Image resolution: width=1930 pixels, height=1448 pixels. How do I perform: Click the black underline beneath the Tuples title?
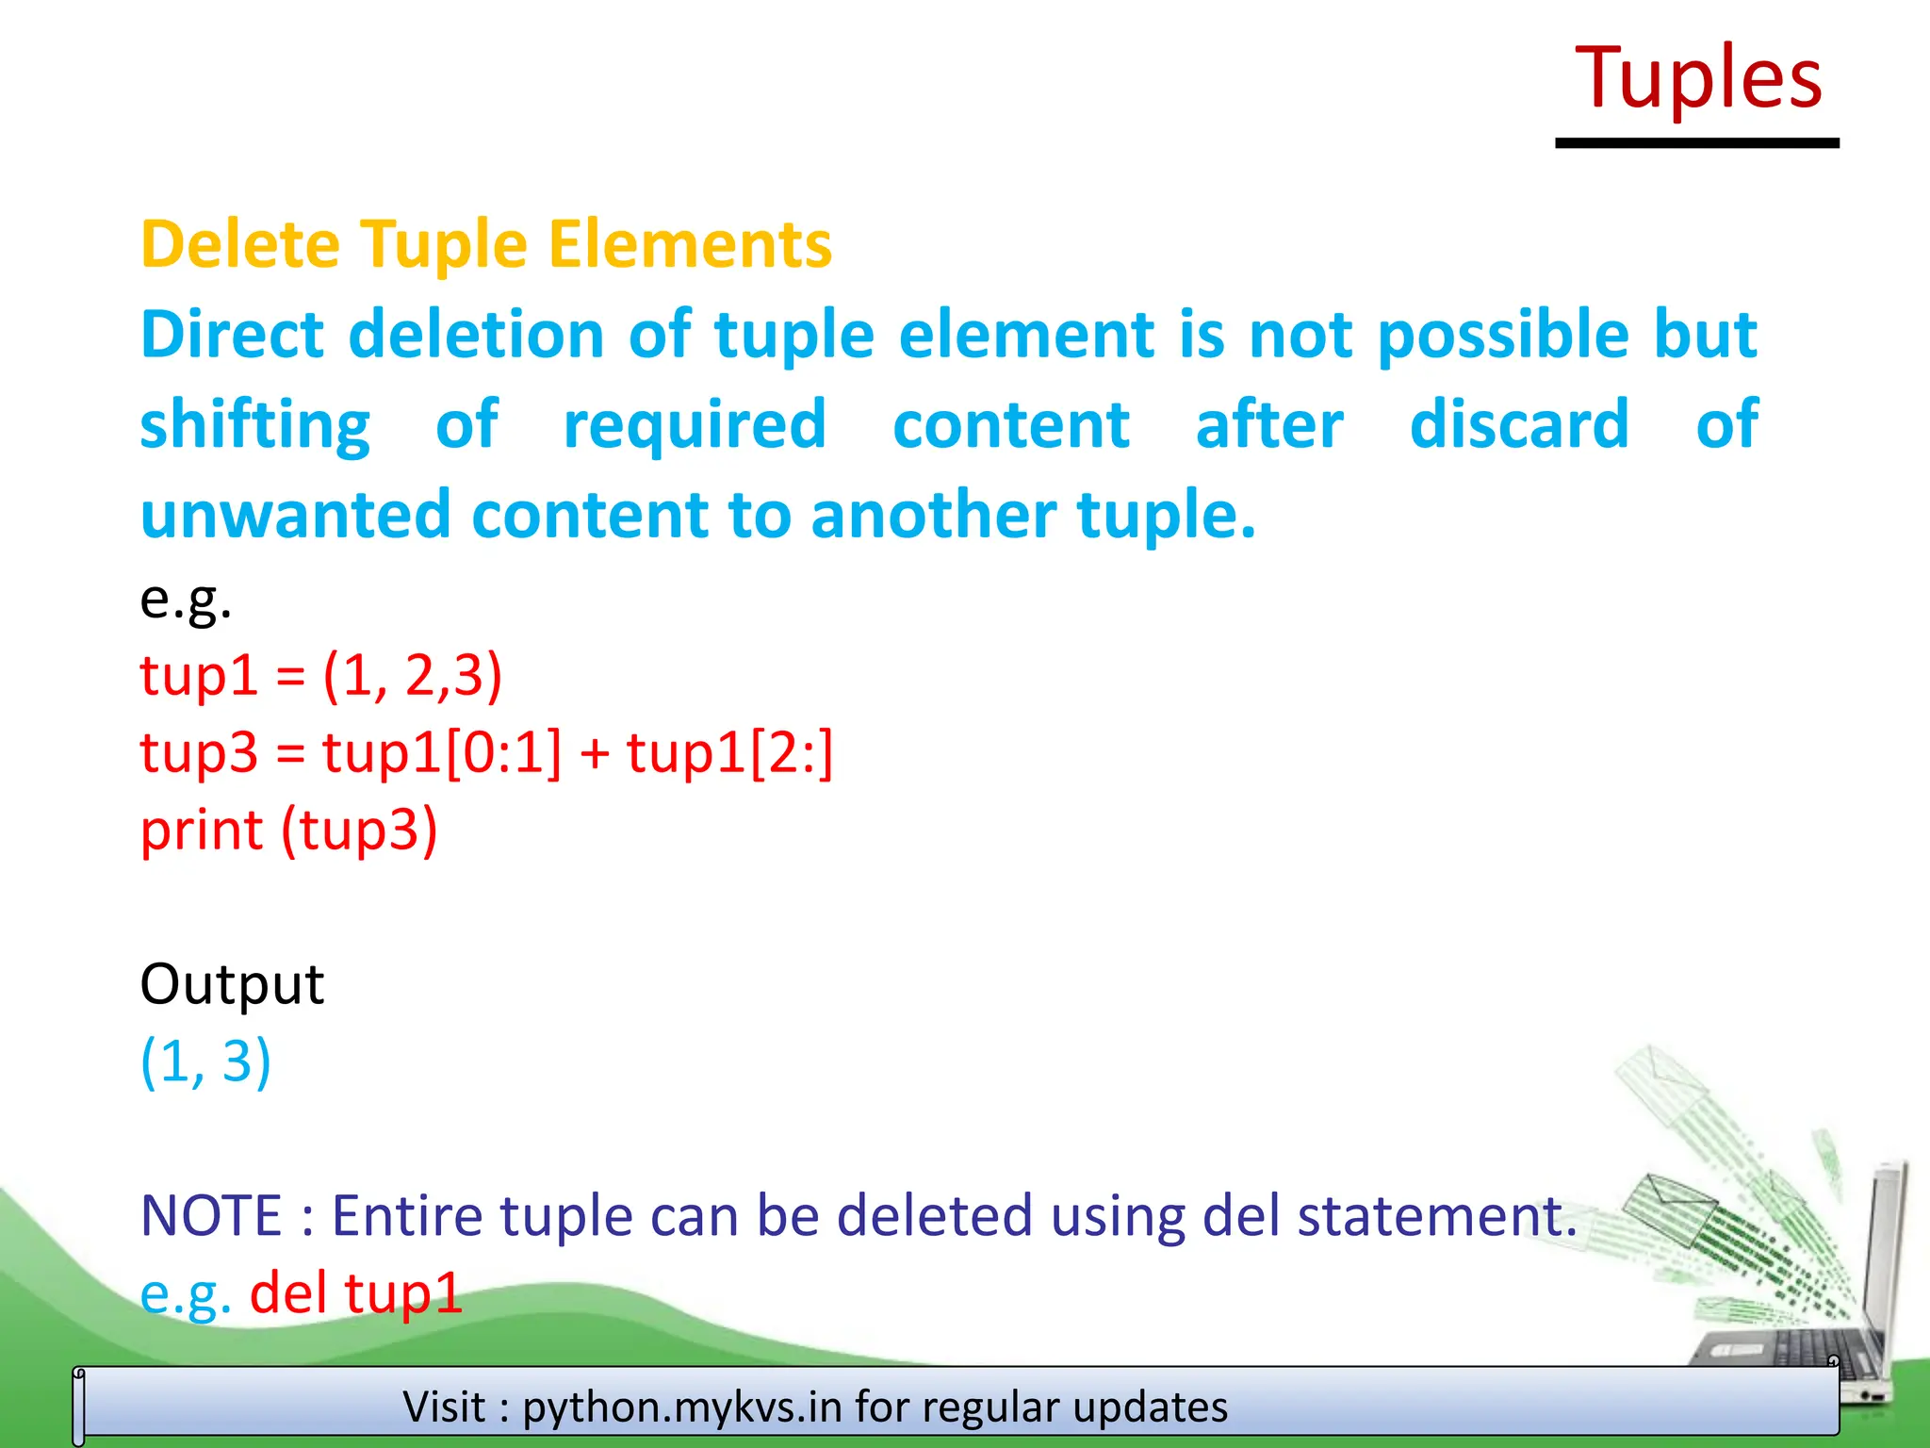[x=1696, y=143]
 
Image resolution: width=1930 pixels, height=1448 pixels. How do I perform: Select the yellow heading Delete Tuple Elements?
[x=486, y=244]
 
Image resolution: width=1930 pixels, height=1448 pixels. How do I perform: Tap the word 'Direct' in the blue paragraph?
[x=232, y=335]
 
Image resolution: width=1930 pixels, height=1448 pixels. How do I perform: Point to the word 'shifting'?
[x=255, y=426]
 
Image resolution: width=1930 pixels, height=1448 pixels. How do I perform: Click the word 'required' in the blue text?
[x=695, y=426]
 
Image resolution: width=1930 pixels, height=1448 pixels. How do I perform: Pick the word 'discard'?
[x=1519, y=424]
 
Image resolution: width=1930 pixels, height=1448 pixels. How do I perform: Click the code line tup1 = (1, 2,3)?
[x=320, y=676]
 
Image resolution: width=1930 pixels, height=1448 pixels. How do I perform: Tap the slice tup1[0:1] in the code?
[x=442, y=753]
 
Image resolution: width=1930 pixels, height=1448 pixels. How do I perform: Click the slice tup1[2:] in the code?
[x=730, y=753]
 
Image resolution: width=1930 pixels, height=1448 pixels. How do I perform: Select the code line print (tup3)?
[x=288, y=831]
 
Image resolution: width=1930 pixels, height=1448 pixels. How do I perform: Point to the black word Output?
[x=232, y=984]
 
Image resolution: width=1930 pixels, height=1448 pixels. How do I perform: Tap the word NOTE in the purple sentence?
[x=211, y=1215]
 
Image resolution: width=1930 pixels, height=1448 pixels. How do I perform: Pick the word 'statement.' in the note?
[x=1437, y=1215]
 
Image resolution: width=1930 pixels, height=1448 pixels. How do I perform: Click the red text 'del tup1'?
[x=356, y=1292]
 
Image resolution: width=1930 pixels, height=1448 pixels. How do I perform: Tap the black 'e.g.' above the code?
[x=186, y=599]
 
